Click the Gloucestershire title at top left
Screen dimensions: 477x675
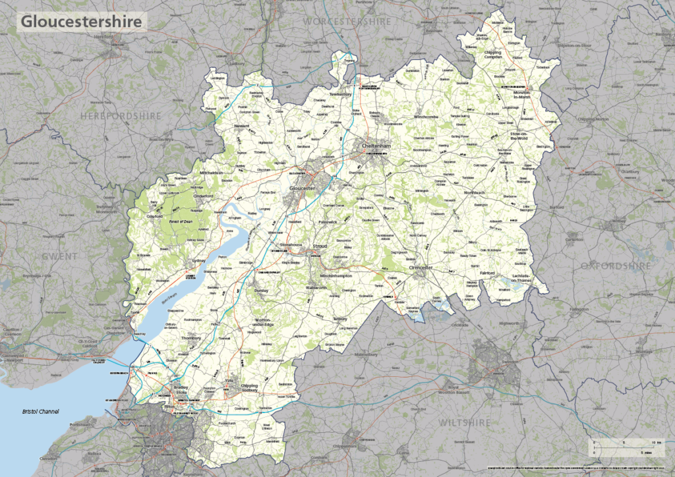(x=81, y=21)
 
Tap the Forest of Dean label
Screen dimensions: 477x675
(x=185, y=221)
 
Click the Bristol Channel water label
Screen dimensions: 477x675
(x=41, y=412)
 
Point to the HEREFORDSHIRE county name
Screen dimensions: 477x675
(x=121, y=116)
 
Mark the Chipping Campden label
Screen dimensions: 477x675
(x=492, y=55)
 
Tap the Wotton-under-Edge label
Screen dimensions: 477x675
(x=268, y=322)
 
